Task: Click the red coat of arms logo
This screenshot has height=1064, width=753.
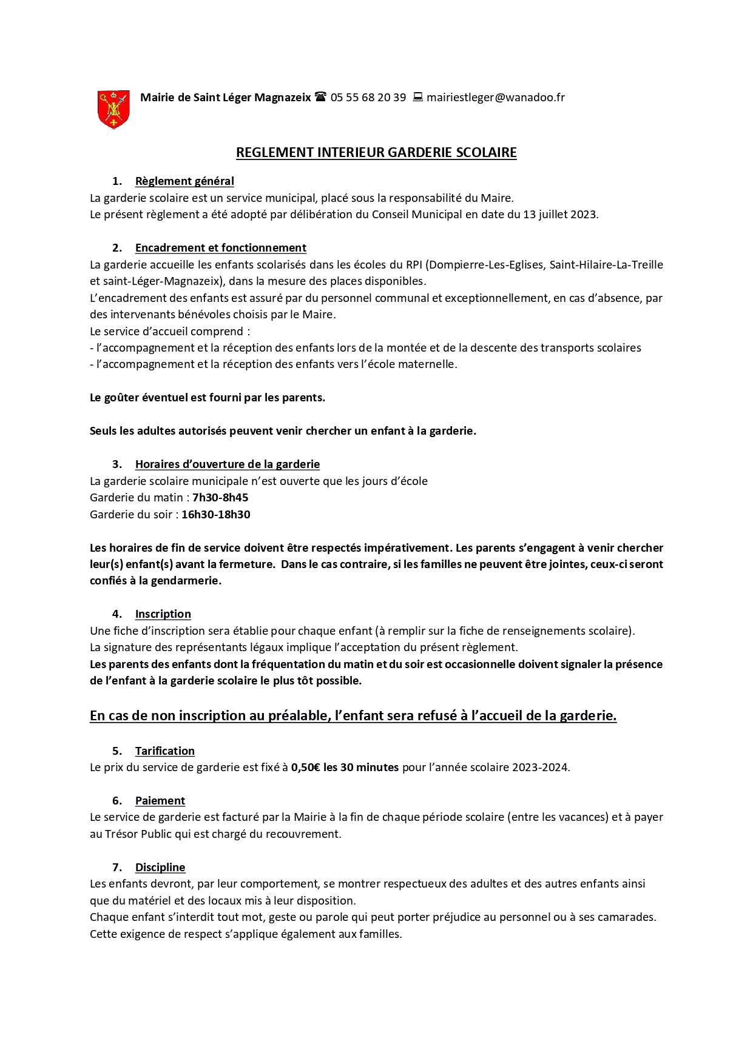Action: pos(113,109)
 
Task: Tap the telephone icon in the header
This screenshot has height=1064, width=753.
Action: pos(321,97)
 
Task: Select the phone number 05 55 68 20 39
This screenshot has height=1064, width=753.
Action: pos(368,98)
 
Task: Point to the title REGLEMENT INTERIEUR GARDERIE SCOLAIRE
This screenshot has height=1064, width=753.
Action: pos(376,152)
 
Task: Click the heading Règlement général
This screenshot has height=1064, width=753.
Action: pos(184,181)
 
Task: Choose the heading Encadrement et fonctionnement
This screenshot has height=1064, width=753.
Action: pos(220,248)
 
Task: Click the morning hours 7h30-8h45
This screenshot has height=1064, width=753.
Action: pos(220,498)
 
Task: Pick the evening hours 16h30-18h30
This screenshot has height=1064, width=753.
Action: pos(215,515)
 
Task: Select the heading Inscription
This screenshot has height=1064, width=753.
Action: pos(163,614)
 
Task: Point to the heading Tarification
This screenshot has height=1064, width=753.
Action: pos(164,751)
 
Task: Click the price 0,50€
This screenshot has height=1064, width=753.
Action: pos(306,768)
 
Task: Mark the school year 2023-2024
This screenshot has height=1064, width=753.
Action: pos(539,768)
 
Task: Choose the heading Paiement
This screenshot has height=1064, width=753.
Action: pos(160,801)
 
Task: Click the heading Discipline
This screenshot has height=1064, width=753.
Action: pos(160,868)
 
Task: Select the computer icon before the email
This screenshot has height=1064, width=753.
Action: pos(417,97)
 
